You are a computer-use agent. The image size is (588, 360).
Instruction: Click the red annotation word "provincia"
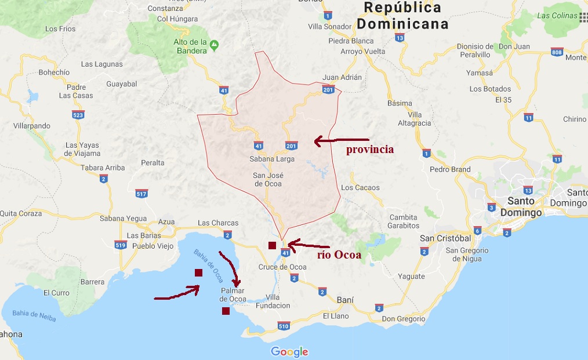coord(370,150)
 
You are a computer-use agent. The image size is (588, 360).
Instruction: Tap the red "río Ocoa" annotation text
coord(339,255)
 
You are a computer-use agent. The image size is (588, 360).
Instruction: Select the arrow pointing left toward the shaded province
coord(341,140)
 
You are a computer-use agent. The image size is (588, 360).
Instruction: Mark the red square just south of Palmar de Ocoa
coord(226,311)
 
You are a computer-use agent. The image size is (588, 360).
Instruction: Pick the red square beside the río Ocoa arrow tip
coord(272,245)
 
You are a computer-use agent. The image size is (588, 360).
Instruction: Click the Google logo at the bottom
coord(289,352)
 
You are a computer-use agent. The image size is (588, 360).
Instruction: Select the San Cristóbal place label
coord(445,238)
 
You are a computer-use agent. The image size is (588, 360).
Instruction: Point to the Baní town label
coord(345,300)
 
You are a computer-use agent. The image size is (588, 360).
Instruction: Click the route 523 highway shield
coord(78,115)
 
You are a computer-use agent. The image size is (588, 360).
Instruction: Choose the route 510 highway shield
coord(284,326)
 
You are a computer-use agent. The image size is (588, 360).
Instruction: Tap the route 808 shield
coord(557,52)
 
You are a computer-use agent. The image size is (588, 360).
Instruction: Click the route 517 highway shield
coord(141,193)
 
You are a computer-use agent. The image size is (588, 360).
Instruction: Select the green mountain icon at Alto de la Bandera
coord(215,44)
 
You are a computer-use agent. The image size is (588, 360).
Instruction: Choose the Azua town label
coord(166,222)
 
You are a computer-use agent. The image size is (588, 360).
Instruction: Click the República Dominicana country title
coord(402,16)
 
